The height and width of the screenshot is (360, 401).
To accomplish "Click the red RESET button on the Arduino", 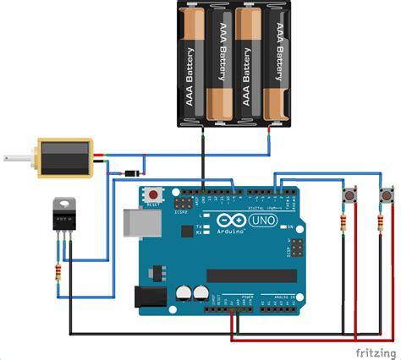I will [x=153, y=193].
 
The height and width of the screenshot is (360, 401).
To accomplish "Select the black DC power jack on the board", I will [x=148, y=295].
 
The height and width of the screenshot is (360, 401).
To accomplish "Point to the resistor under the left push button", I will [x=342, y=225].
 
